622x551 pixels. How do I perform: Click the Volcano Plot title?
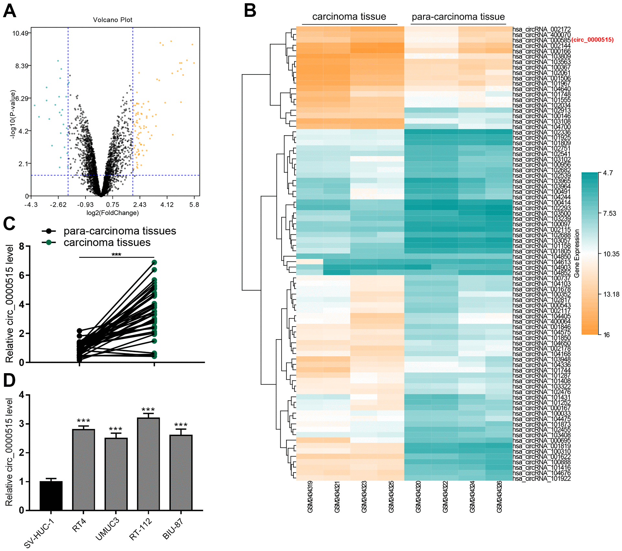(x=113, y=20)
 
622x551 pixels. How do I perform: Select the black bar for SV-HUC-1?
(x=51, y=496)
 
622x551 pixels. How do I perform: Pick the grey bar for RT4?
(x=83, y=470)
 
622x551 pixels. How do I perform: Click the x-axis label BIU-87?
(x=173, y=528)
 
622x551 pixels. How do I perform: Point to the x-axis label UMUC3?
(x=107, y=529)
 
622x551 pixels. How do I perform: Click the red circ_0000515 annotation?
(x=592, y=40)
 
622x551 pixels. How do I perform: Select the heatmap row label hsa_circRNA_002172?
(x=541, y=29)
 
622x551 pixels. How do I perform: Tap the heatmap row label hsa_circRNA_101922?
(x=541, y=478)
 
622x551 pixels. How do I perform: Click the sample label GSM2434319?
(x=310, y=497)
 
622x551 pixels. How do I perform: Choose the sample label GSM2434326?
(x=499, y=497)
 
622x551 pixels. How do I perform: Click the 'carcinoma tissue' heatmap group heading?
(x=349, y=17)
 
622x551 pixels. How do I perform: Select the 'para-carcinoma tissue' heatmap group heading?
(x=458, y=17)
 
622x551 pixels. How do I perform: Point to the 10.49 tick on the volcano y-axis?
(x=20, y=33)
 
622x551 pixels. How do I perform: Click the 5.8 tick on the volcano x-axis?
(x=194, y=205)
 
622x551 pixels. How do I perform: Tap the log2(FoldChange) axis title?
(x=113, y=213)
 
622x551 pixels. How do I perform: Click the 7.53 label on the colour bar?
(x=609, y=213)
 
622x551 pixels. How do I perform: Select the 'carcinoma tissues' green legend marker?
(x=49, y=242)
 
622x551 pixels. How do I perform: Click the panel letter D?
(x=9, y=380)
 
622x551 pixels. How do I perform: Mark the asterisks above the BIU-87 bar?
(x=181, y=425)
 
